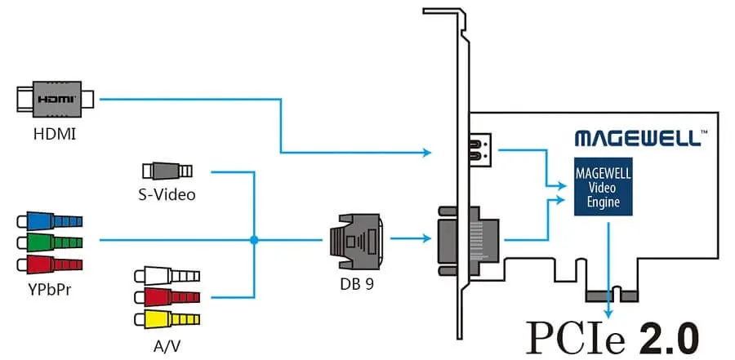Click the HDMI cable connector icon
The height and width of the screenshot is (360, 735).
[55, 100]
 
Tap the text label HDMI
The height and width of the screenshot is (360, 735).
[55, 132]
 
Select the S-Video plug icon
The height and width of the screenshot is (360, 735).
[167, 171]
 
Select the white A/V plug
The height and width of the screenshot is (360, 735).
[168, 275]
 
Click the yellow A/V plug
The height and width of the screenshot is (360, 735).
[168, 317]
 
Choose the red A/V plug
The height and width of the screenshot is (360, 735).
[168, 296]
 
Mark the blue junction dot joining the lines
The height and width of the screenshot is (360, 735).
[255, 240]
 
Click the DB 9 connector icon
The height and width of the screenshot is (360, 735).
[356, 239]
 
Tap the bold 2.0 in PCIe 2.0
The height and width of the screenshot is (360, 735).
[663, 336]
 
